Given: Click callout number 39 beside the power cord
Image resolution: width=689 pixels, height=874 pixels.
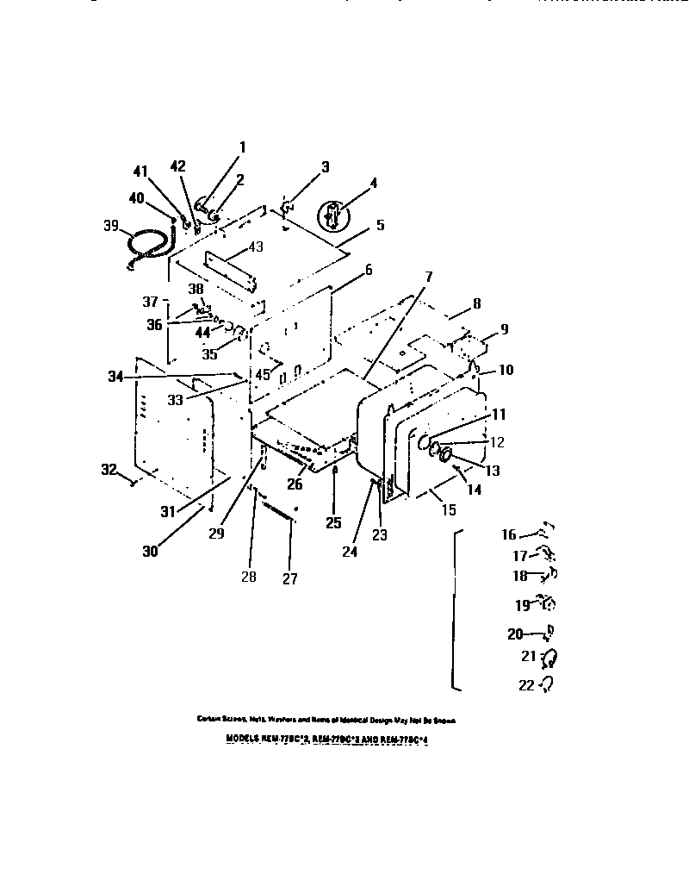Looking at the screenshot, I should click(x=110, y=226).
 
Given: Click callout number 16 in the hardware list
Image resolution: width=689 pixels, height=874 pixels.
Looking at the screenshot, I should click(x=509, y=535).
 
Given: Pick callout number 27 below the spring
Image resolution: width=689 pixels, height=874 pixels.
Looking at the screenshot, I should click(x=290, y=579).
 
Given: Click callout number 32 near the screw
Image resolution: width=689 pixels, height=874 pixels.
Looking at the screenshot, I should click(x=108, y=470).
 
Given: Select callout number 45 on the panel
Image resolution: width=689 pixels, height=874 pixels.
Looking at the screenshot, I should click(x=262, y=375).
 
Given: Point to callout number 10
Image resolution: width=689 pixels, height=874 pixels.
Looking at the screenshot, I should click(x=506, y=370).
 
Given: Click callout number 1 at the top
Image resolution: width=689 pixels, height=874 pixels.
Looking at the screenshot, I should click(x=242, y=147).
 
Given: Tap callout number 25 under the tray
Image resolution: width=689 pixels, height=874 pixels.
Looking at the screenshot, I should click(x=334, y=523).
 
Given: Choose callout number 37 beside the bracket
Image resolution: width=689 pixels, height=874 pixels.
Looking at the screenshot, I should click(x=151, y=302).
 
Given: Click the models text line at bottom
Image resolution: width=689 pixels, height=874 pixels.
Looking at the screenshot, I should click(x=326, y=739).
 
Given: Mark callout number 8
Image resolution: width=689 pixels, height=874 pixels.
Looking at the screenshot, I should click(x=476, y=303).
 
